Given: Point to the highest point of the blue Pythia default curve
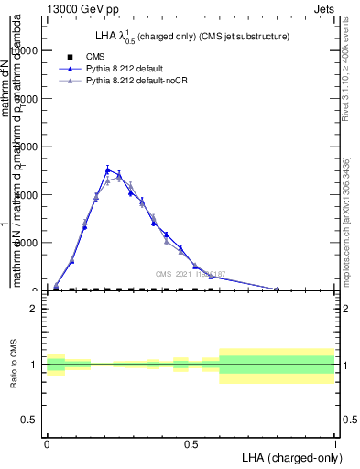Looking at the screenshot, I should point(108,169).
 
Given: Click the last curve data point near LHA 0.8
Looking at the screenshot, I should point(277,289).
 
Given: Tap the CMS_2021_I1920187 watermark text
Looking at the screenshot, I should point(190,274).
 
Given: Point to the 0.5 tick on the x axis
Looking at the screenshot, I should point(191,442).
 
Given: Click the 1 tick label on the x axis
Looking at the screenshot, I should point(334,442).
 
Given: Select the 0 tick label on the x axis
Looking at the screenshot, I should point(47,442).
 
